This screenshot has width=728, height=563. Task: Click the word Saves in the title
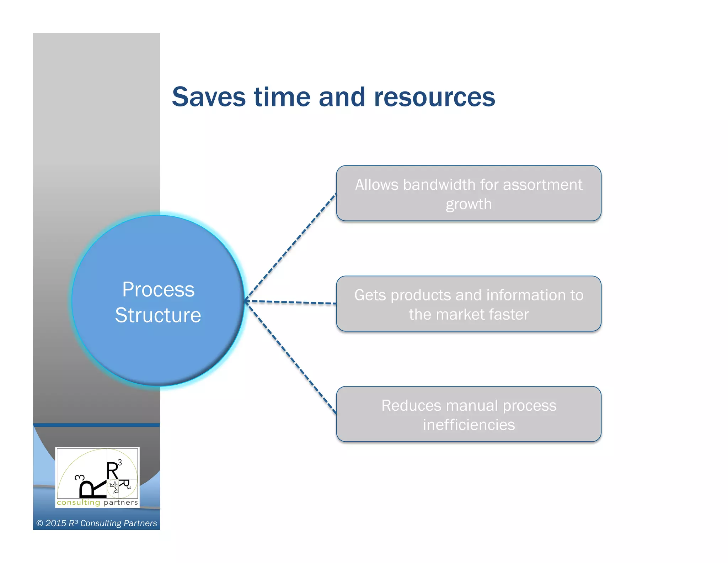tap(209, 97)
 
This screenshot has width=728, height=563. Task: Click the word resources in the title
tap(434, 97)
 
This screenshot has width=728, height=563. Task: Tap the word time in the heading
tap(282, 97)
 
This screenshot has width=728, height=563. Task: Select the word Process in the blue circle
tap(158, 289)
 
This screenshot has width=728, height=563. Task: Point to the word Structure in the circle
tap(158, 315)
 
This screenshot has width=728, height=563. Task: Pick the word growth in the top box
tap(469, 205)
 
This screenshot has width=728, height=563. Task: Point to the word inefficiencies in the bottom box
tap(469, 425)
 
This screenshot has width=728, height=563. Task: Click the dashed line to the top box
tap(291, 247)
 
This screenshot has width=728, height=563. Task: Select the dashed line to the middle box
tap(291, 302)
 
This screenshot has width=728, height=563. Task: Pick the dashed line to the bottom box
tap(291, 357)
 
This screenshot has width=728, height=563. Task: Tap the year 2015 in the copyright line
tap(56, 523)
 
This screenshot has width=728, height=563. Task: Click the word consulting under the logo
tap(78, 503)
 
